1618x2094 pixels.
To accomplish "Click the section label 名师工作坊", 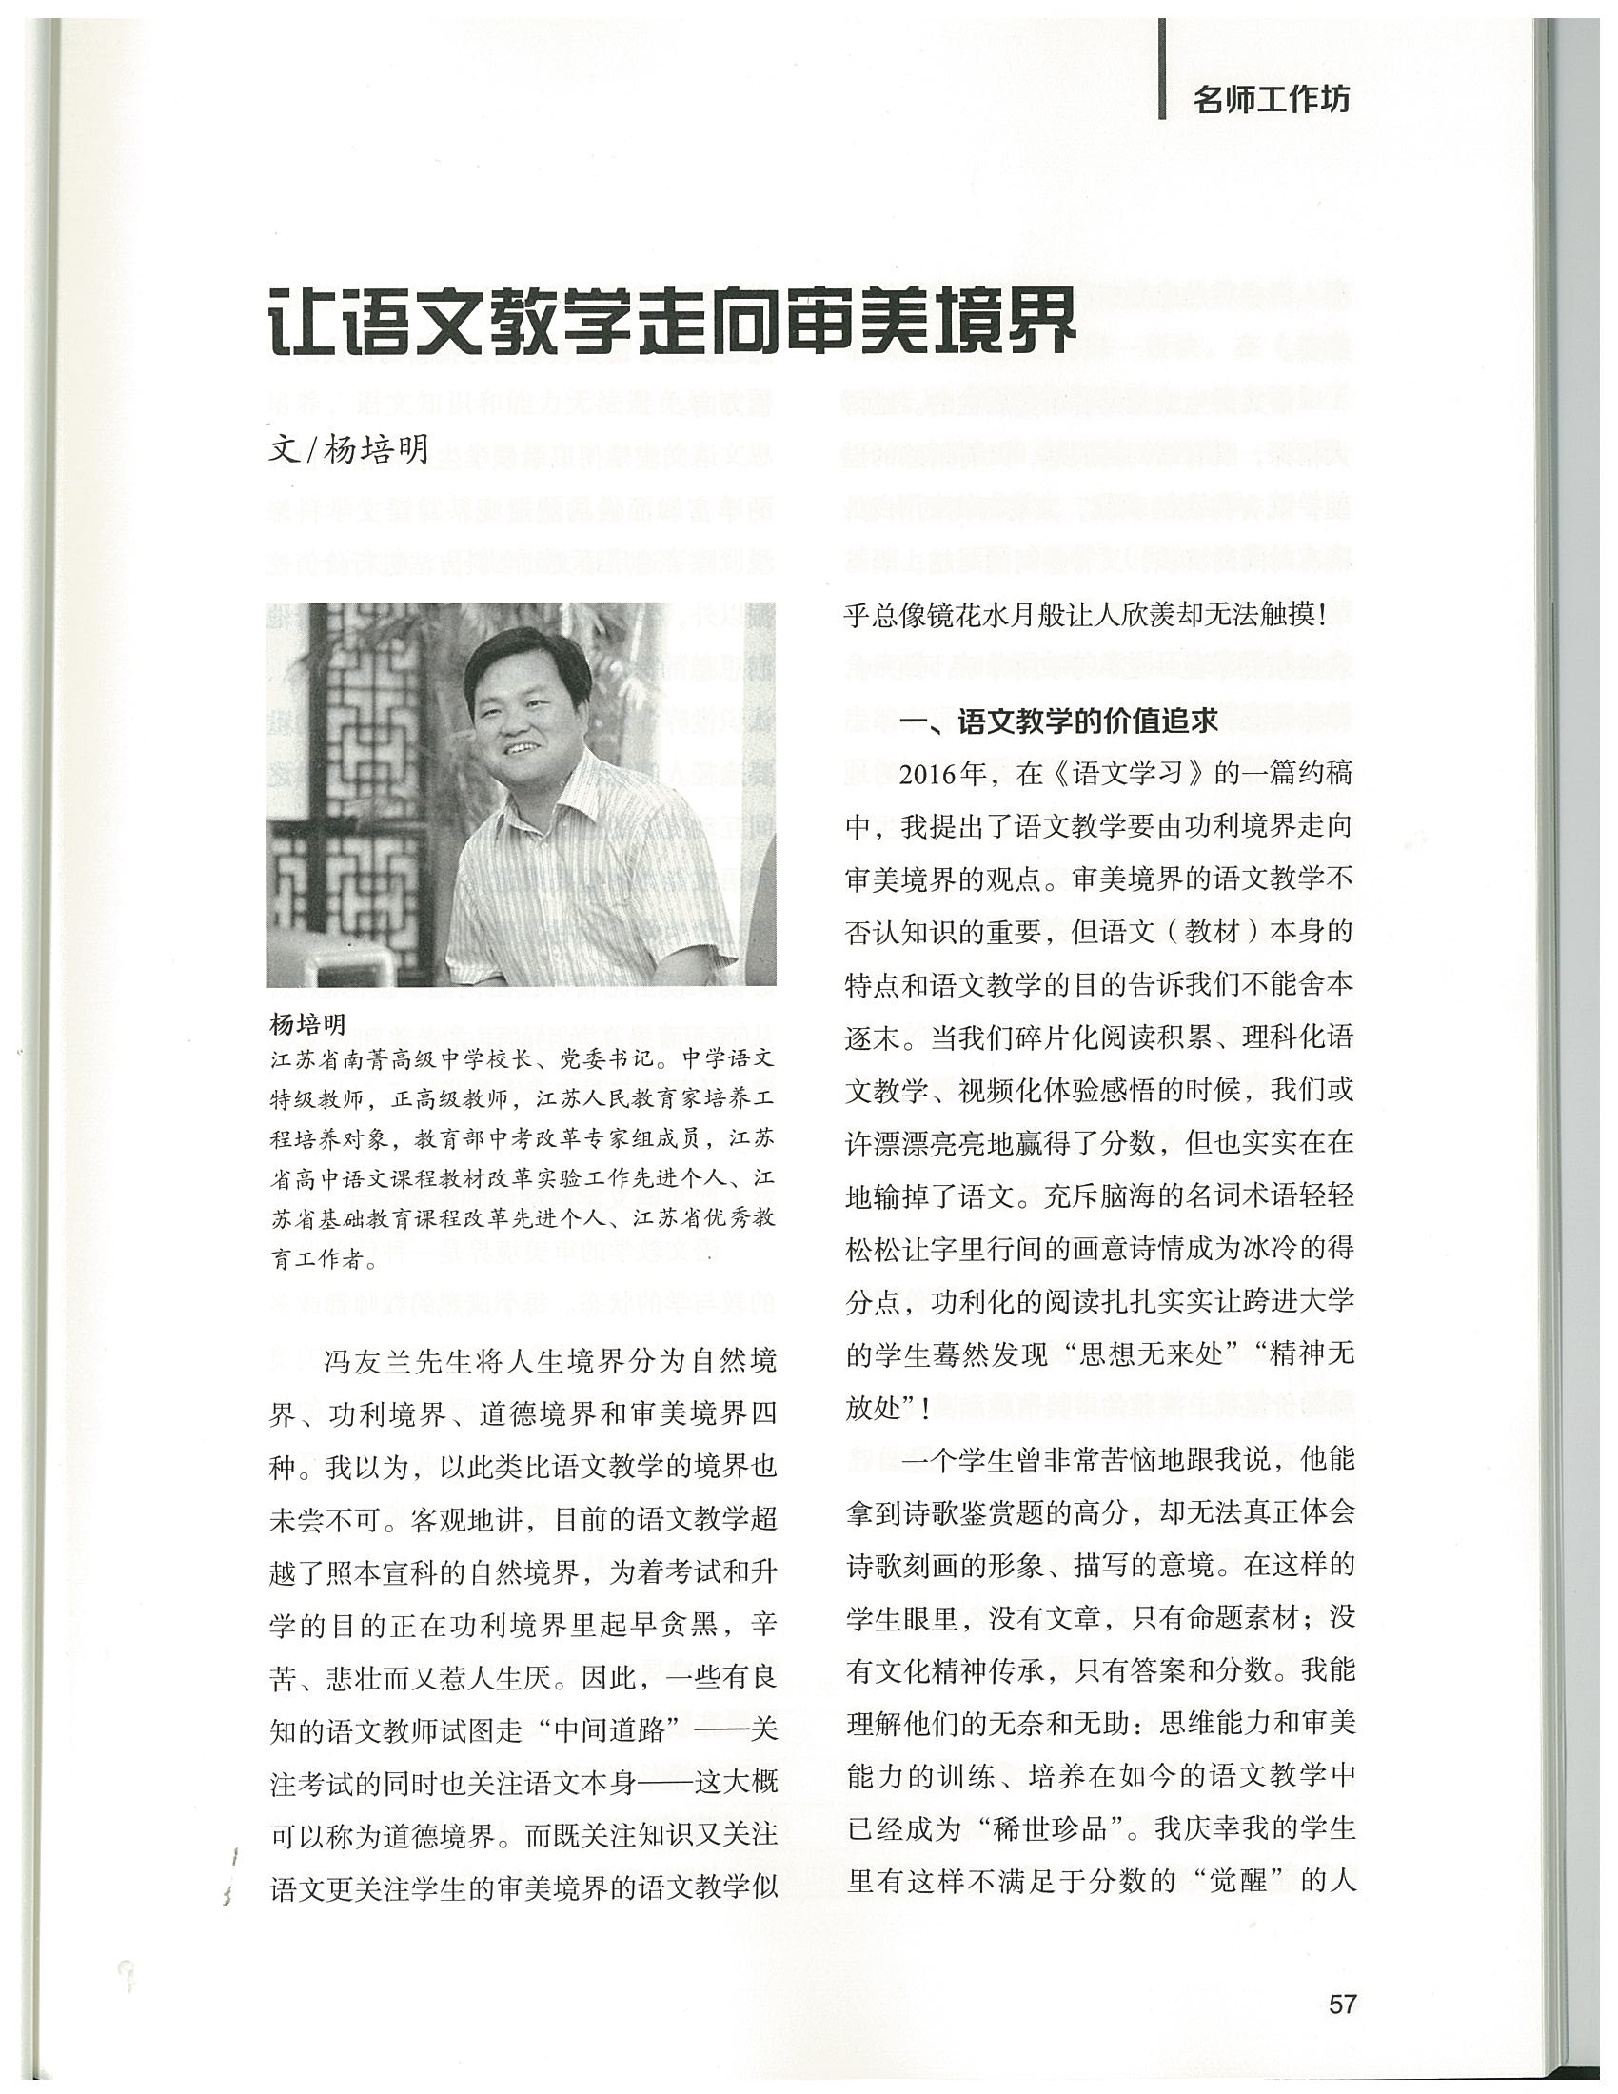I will (1269, 99).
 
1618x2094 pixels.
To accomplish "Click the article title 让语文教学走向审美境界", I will (671, 321).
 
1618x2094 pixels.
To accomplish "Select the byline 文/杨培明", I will (350, 447).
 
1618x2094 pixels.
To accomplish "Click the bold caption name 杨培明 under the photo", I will (306, 1024).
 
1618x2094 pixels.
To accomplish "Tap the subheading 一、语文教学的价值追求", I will (1059, 721).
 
